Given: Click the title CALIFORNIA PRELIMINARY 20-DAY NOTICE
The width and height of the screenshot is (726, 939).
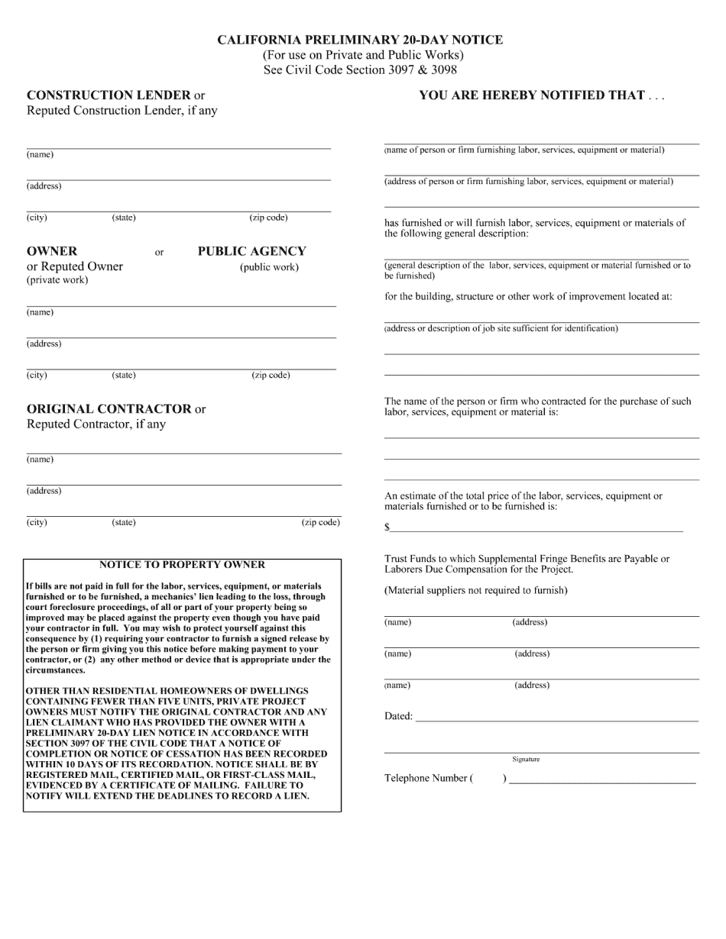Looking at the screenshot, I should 360,40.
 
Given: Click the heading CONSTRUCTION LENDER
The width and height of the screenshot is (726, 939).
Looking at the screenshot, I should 109,95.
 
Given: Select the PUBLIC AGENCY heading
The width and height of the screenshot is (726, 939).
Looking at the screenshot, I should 251,251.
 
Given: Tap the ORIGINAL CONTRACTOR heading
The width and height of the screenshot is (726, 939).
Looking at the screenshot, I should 109,408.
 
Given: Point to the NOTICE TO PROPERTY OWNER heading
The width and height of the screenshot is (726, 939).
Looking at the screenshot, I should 182,565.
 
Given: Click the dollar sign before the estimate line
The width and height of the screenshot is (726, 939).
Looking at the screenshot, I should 387,528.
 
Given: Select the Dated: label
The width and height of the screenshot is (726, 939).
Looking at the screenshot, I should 398,716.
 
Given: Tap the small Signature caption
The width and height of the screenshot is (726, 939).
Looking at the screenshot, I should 526,759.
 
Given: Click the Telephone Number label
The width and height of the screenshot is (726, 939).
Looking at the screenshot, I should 426,778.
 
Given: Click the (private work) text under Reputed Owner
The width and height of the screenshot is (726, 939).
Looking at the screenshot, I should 57,280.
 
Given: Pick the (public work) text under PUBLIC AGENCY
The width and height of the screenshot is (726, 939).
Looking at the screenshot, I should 269,267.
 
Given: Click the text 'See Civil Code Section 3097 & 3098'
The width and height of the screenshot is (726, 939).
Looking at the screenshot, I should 360,69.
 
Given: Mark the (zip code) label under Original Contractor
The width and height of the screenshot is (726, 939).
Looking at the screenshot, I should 320,522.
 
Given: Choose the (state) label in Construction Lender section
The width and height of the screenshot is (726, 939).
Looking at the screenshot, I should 124,218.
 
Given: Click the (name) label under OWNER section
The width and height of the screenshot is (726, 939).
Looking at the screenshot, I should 40,312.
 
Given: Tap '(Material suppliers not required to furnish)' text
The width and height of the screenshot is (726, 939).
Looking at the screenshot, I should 475,590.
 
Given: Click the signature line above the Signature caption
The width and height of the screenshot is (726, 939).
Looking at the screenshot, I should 541,752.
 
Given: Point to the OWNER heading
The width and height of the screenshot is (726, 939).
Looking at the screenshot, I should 52,251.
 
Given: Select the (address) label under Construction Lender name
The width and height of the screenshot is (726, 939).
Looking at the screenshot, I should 44,186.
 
